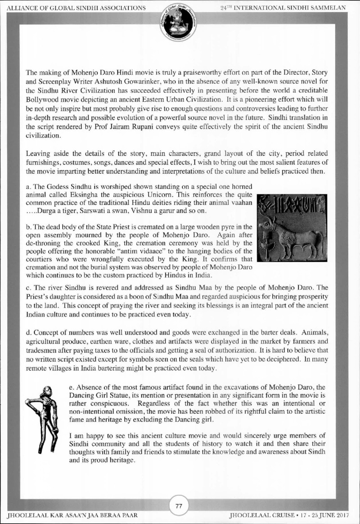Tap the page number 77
(x=179, y=506)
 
